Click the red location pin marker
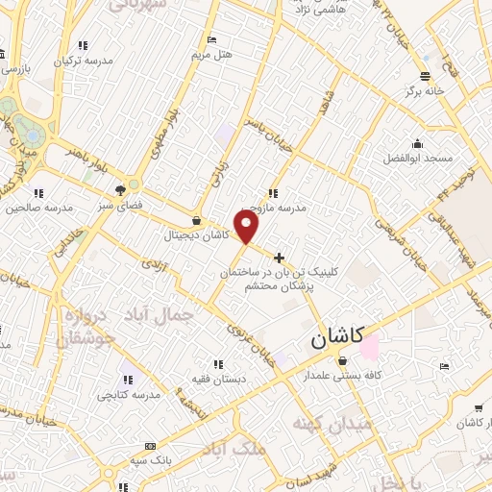tap(247, 227)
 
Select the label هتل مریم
tap(212, 54)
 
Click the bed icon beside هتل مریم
tap(212, 40)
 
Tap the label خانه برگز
tap(425, 90)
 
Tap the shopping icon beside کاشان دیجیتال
tap(196, 221)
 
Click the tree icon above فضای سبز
tap(120, 191)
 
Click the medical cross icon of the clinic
tap(280, 258)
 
